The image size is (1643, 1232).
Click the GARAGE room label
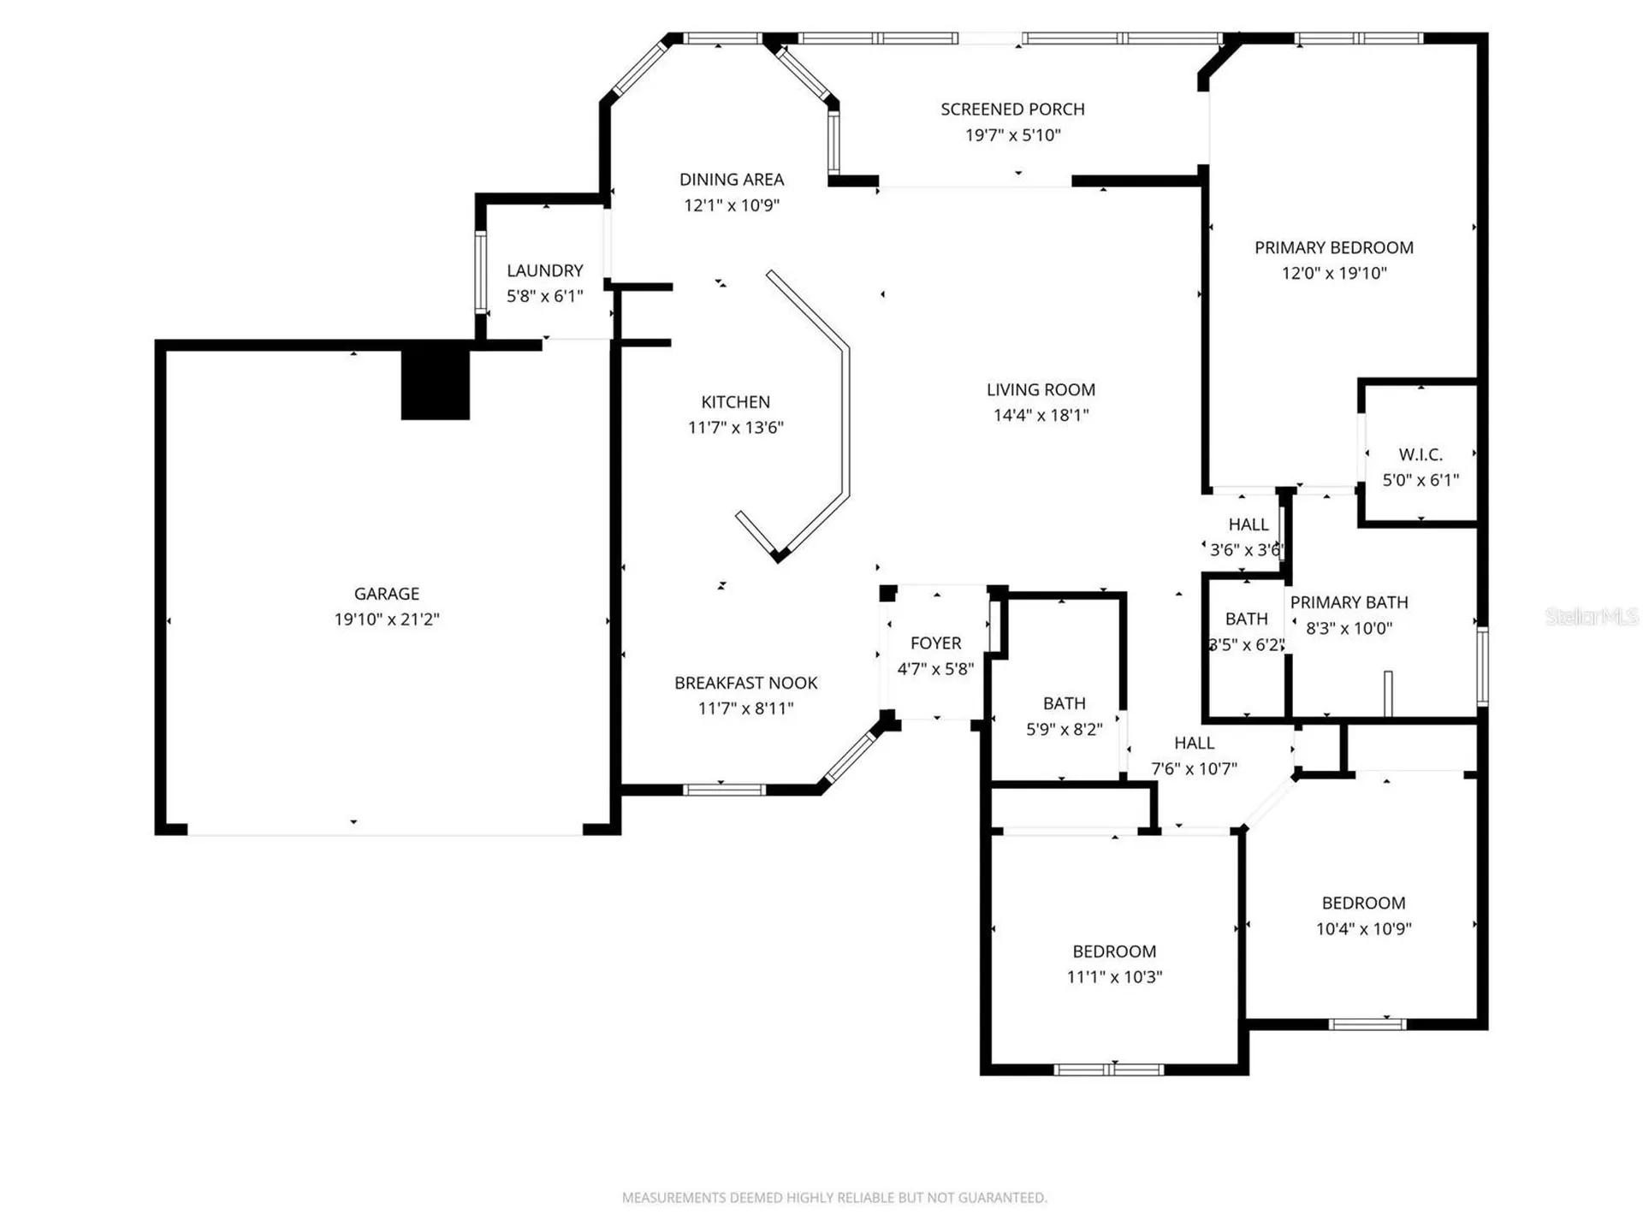pos(387,594)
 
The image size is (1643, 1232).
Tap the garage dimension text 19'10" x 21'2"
pos(387,619)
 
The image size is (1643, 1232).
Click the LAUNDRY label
pos(545,270)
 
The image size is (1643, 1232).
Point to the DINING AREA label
pos(732,180)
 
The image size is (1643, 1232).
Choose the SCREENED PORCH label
pos(1013,110)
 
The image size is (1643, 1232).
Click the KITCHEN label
pos(736,402)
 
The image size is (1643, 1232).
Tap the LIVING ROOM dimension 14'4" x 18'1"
pos(1041,416)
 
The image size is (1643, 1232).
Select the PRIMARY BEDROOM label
pos(1334,248)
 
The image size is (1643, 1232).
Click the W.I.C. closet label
pos(1421,454)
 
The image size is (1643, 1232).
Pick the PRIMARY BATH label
pos(1349,602)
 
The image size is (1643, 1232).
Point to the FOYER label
pos(936,643)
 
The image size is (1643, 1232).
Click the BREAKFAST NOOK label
pos(746,683)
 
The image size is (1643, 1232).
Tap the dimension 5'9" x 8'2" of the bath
pos(1065,730)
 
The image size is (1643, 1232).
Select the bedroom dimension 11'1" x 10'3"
pos(1115,977)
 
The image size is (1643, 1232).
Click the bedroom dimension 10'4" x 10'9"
pos(1364,929)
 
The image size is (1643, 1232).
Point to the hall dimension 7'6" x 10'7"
pos(1195,769)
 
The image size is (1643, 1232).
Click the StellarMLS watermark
pos(1592,616)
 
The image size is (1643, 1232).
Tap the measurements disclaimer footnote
pos(834,1198)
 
